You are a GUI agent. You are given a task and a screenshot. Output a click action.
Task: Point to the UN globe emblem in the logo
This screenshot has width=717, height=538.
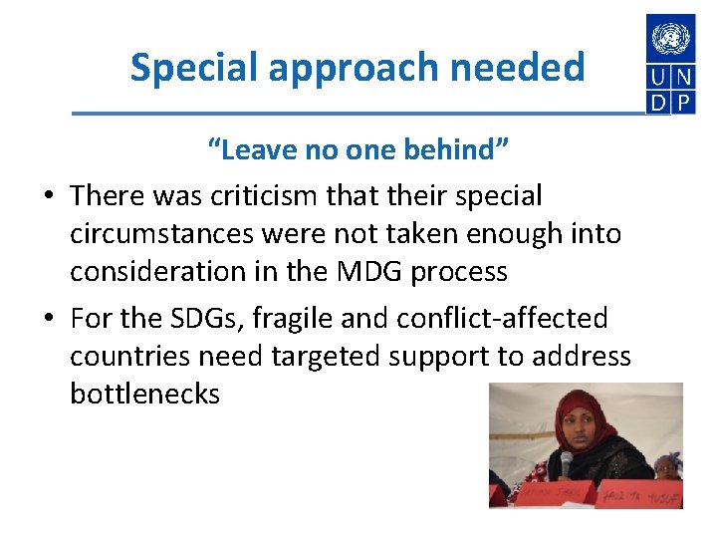[x=670, y=39]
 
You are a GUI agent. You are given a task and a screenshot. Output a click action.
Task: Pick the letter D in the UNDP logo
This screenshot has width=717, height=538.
[x=658, y=103]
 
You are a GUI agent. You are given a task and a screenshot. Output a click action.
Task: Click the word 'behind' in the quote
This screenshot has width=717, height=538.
[x=458, y=150]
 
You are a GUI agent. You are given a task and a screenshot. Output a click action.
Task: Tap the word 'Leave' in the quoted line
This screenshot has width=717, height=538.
[x=248, y=150]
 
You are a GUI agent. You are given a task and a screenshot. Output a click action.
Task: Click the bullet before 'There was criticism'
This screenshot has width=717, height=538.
[x=48, y=196]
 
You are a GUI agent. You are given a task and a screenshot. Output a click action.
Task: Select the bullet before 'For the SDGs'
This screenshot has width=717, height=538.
[x=48, y=320]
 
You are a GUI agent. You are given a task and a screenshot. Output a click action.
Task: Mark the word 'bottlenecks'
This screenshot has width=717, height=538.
[x=144, y=394]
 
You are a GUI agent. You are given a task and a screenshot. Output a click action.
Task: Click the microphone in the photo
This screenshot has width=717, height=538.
[x=567, y=463]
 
